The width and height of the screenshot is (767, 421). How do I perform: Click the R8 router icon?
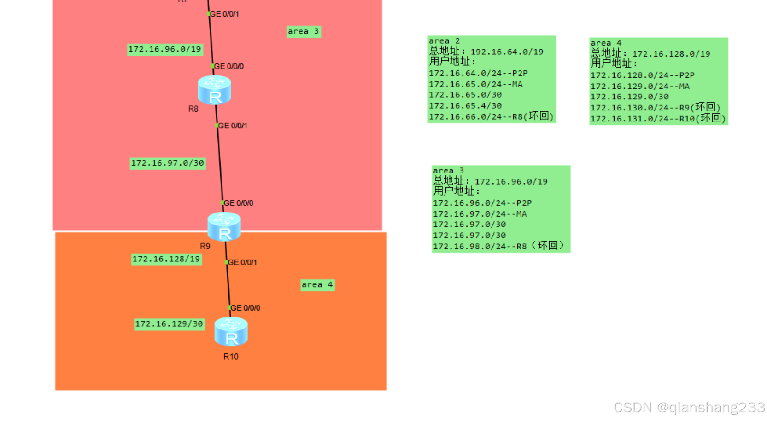[x=214, y=90]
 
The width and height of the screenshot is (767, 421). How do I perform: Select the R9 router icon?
[x=224, y=226]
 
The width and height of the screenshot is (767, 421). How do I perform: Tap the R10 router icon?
[x=231, y=331]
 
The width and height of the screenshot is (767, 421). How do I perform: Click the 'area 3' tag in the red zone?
[x=303, y=31]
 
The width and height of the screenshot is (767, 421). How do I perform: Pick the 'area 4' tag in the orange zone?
[x=317, y=285]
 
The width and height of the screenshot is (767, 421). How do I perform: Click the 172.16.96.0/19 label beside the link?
[x=164, y=49]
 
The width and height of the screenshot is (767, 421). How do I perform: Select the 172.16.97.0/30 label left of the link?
[x=167, y=163]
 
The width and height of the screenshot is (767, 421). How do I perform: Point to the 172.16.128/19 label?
[x=166, y=259]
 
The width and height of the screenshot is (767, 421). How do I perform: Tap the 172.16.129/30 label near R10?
[x=169, y=324]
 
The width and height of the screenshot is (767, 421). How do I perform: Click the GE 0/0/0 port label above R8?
[x=229, y=66]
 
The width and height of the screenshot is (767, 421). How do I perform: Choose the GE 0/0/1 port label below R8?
[x=233, y=126]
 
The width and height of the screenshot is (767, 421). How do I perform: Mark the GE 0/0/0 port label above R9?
[x=238, y=203]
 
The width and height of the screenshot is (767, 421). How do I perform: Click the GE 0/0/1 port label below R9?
[x=242, y=262]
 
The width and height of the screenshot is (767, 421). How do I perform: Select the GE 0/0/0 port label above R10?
[x=245, y=308]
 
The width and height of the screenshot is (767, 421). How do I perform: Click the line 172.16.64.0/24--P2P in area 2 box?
[x=478, y=73]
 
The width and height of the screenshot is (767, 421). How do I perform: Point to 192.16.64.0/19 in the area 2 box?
[x=507, y=52]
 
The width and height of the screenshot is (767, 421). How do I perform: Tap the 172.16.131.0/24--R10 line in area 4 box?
[x=658, y=119]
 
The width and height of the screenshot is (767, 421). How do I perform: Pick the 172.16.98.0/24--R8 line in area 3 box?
[x=498, y=246]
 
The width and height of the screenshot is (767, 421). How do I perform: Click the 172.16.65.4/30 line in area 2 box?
[x=465, y=106]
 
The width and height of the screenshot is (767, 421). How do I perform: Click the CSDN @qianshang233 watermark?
[x=689, y=407]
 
